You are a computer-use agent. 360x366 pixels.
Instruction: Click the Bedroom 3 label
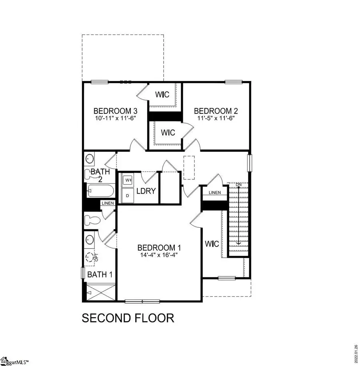(x=112, y=111)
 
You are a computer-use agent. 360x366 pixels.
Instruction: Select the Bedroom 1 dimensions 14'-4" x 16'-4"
(x=156, y=255)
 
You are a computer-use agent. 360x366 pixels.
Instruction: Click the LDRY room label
(x=146, y=191)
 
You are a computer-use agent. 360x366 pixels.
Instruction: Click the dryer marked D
(x=128, y=196)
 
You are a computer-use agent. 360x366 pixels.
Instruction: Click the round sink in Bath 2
(x=90, y=158)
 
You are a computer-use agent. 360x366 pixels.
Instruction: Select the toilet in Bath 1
(x=91, y=220)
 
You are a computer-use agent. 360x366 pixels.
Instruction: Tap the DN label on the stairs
(x=238, y=184)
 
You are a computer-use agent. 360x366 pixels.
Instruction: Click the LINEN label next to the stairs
(x=215, y=193)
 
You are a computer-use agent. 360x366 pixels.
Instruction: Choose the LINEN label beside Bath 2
(x=108, y=203)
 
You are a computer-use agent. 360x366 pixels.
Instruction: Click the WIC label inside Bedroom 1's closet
(x=212, y=243)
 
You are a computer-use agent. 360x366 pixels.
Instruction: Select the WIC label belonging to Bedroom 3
(x=162, y=95)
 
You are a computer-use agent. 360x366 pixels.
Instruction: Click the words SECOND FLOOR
(x=128, y=318)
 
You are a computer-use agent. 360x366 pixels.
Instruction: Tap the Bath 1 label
(x=100, y=274)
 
